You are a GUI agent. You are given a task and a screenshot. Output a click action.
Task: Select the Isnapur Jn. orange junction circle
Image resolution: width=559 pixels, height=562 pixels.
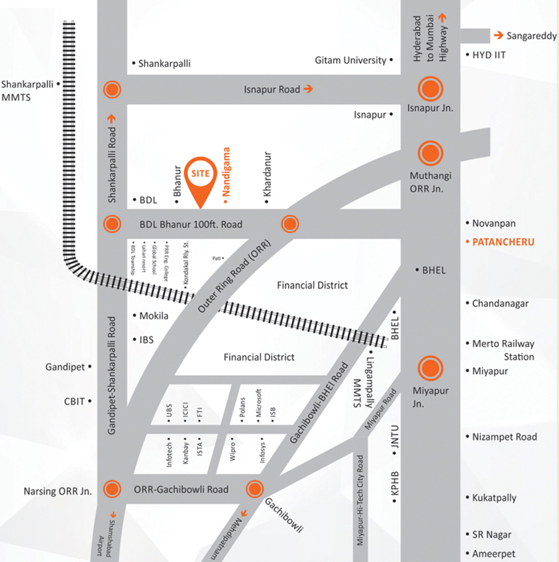pyautogui.click(x=430, y=89)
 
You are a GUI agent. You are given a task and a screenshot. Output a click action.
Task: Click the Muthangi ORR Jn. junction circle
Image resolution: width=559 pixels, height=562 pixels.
pyautogui.click(x=430, y=153)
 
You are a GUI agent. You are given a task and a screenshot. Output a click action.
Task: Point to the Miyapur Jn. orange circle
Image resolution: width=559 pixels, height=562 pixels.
pyautogui.click(x=430, y=368)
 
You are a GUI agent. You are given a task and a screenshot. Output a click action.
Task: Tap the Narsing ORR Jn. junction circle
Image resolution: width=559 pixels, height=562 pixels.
pyautogui.click(x=112, y=489)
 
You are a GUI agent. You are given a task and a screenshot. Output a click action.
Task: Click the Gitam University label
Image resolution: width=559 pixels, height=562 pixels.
pyautogui.click(x=350, y=60)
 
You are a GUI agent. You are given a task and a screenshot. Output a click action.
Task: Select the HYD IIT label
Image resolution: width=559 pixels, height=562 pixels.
pyautogui.click(x=489, y=55)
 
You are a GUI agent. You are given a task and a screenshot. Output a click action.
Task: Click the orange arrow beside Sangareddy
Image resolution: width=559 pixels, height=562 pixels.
pyautogui.click(x=498, y=35)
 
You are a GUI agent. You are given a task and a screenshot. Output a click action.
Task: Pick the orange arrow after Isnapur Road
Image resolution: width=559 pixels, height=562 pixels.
pyautogui.click(x=308, y=89)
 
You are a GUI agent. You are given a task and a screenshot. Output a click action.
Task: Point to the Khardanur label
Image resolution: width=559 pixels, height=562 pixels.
pyautogui.click(x=267, y=174)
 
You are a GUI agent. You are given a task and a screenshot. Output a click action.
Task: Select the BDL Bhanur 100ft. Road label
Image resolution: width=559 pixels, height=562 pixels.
pyautogui.click(x=191, y=224)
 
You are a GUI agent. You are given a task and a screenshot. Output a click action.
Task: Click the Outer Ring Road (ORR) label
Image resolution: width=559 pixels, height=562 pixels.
pyautogui.click(x=234, y=276)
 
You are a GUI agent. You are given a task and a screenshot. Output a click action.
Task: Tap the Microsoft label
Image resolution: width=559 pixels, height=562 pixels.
pyautogui.click(x=259, y=403)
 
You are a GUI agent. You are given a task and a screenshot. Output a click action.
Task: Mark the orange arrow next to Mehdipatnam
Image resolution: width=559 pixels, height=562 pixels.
pyautogui.click(x=244, y=513)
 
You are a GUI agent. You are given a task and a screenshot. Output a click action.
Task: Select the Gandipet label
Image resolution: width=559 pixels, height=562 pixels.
pyautogui.click(x=65, y=367)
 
